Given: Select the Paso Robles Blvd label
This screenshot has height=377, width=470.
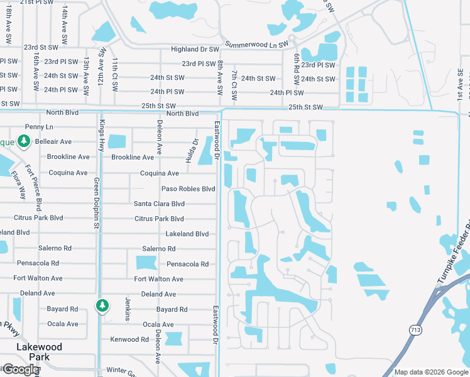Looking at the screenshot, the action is click(x=188, y=188).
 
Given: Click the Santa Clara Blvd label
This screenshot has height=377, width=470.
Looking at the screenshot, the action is click(x=159, y=204).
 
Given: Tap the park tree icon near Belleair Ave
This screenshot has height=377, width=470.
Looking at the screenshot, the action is click(x=24, y=141).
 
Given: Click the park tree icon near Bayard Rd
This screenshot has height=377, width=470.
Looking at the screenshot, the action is click(x=102, y=305).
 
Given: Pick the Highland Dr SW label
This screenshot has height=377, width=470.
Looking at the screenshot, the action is click(x=195, y=49).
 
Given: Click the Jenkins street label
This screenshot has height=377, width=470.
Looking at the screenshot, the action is click(x=128, y=309).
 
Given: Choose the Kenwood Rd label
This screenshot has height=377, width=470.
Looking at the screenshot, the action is click(x=129, y=339).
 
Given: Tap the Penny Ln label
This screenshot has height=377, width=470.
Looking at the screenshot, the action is click(x=39, y=127).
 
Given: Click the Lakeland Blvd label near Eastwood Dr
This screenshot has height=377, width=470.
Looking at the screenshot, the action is click(x=187, y=234).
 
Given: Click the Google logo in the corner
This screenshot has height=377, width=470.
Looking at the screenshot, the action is click(x=20, y=369).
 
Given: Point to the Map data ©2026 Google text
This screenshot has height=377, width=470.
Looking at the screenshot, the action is click(x=431, y=372).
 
